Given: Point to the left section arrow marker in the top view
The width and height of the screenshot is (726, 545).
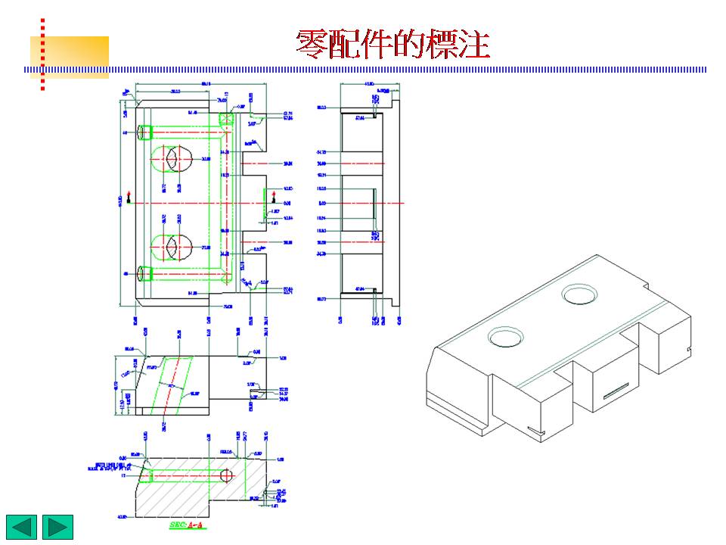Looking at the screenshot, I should (129, 198).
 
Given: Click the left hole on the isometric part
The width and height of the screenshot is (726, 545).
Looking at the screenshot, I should (506, 336).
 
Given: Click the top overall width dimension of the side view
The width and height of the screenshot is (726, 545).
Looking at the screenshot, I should (369, 83).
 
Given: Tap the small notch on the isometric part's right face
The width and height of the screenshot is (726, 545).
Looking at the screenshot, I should (688, 348).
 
